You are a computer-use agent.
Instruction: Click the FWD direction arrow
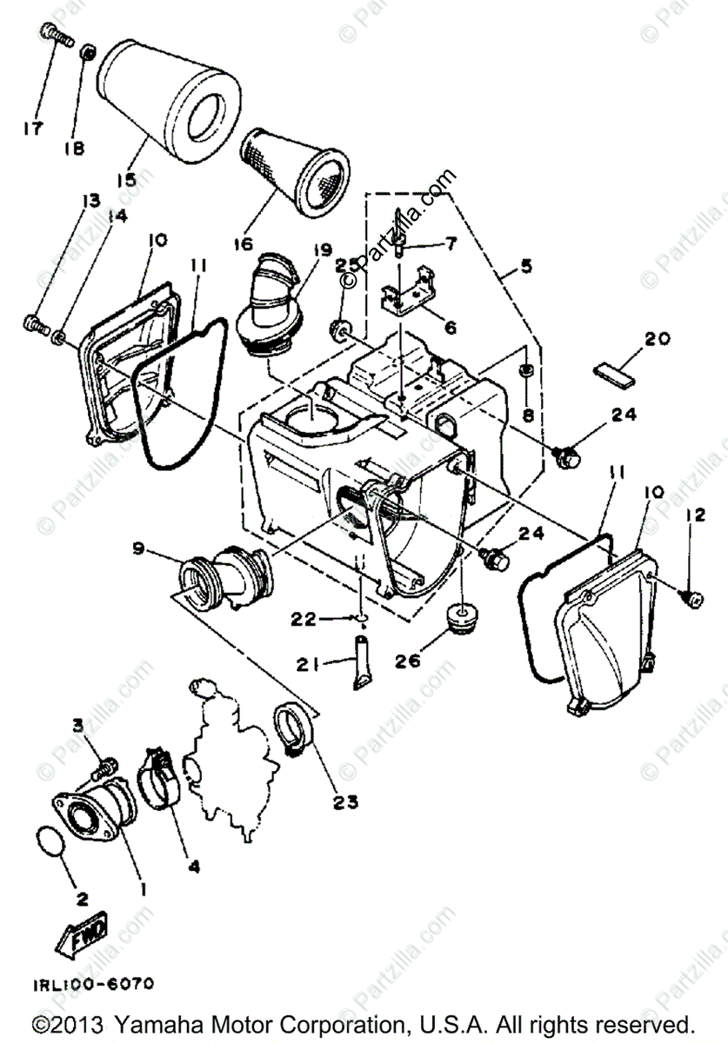click(x=83, y=937)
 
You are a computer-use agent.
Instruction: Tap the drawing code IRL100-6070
click(x=94, y=985)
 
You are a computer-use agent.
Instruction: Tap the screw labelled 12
click(x=694, y=597)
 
